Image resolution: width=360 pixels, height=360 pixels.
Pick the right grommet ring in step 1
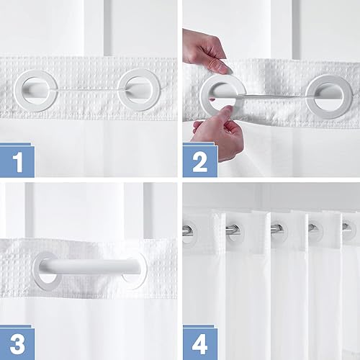click(x=138, y=88)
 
